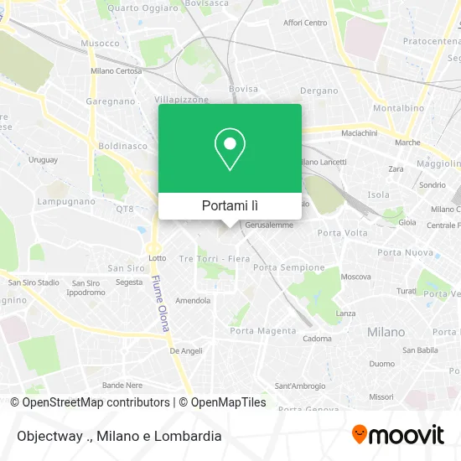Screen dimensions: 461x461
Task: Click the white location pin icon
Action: click(230, 148)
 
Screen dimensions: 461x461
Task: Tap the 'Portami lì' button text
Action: click(230, 205)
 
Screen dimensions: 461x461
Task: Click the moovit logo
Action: click(398, 434)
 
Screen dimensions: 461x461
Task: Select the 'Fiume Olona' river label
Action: click(160, 303)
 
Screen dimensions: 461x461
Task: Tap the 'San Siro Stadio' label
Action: click(36, 282)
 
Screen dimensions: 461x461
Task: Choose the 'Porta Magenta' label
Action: click(263, 331)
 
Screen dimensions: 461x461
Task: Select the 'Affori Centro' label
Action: click(305, 23)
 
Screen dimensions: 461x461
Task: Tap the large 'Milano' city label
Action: click(386, 332)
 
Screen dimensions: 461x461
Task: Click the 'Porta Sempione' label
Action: click(288, 267)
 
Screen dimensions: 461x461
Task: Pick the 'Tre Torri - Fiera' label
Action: click(213, 259)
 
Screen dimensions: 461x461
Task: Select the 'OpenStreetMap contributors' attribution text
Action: click(96, 402)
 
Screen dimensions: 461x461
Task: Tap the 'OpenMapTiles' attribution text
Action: click(228, 402)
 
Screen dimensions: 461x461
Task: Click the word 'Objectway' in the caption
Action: click(40, 436)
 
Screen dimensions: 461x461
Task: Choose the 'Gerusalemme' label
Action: click(268, 225)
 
